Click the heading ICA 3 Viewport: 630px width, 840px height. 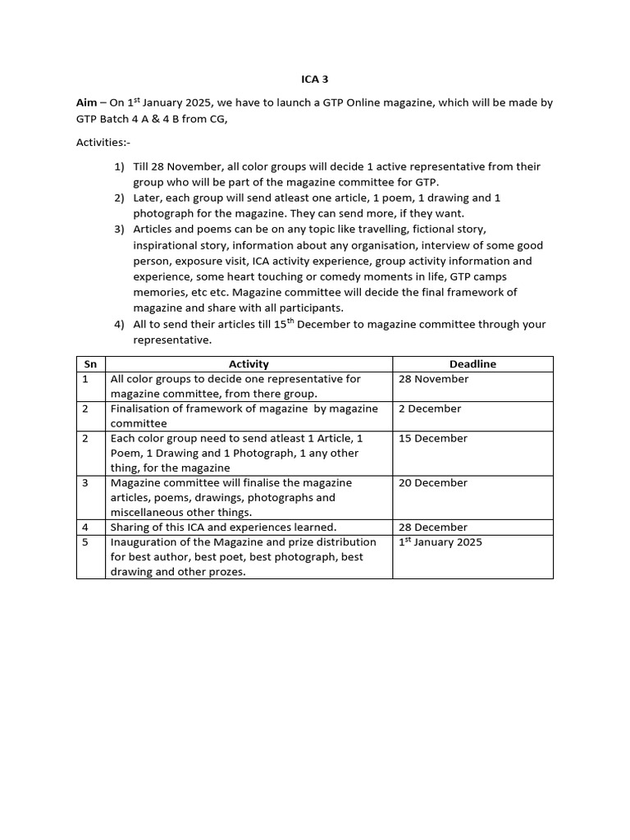point(315,79)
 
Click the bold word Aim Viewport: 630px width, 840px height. point(86,103)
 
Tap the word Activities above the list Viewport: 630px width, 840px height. point(100,142)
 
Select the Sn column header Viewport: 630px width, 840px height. point(90,364)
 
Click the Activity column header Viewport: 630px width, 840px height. point(249,364)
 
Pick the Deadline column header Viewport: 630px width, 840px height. point(472,364)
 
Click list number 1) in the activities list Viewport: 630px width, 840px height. point(120,167)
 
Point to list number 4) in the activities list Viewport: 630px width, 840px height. point(120,324)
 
